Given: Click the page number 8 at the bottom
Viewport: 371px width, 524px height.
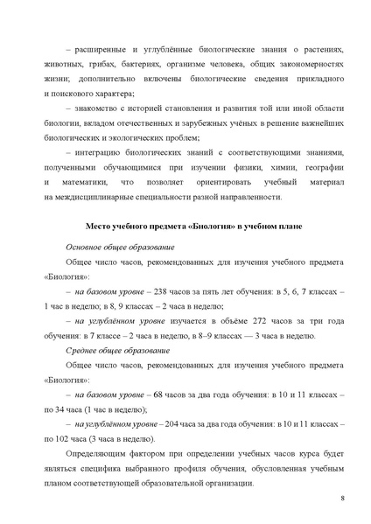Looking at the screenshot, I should coord(341,497).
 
